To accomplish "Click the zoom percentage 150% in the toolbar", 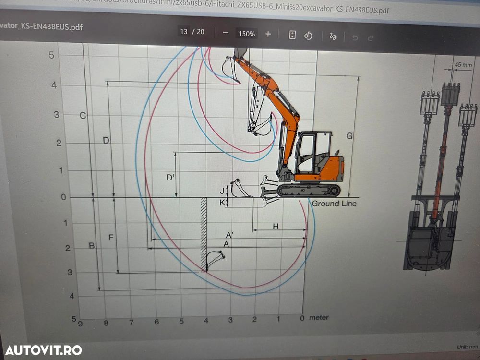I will (x=247, y=34).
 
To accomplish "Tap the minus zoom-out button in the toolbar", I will (x=226, y=34).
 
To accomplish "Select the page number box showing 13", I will (x=184, y=32).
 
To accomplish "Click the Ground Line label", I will (x=334, y=204).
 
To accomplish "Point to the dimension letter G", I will (x=349, y=136).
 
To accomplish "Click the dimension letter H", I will (x=275, y=226).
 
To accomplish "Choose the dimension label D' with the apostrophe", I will (x=170, y=178).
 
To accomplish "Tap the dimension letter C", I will (x=83, y=115).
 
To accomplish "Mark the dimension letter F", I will (x=111, y=237).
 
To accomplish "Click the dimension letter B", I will (x=92, y=246).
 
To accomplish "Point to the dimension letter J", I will (x=222, y=191).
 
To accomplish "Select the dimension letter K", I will (x=222, y=203).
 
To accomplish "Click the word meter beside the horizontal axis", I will (x=319, y=318).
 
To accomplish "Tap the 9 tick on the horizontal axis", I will (x=80, y=323).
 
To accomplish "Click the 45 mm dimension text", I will (x=463, y=64).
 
